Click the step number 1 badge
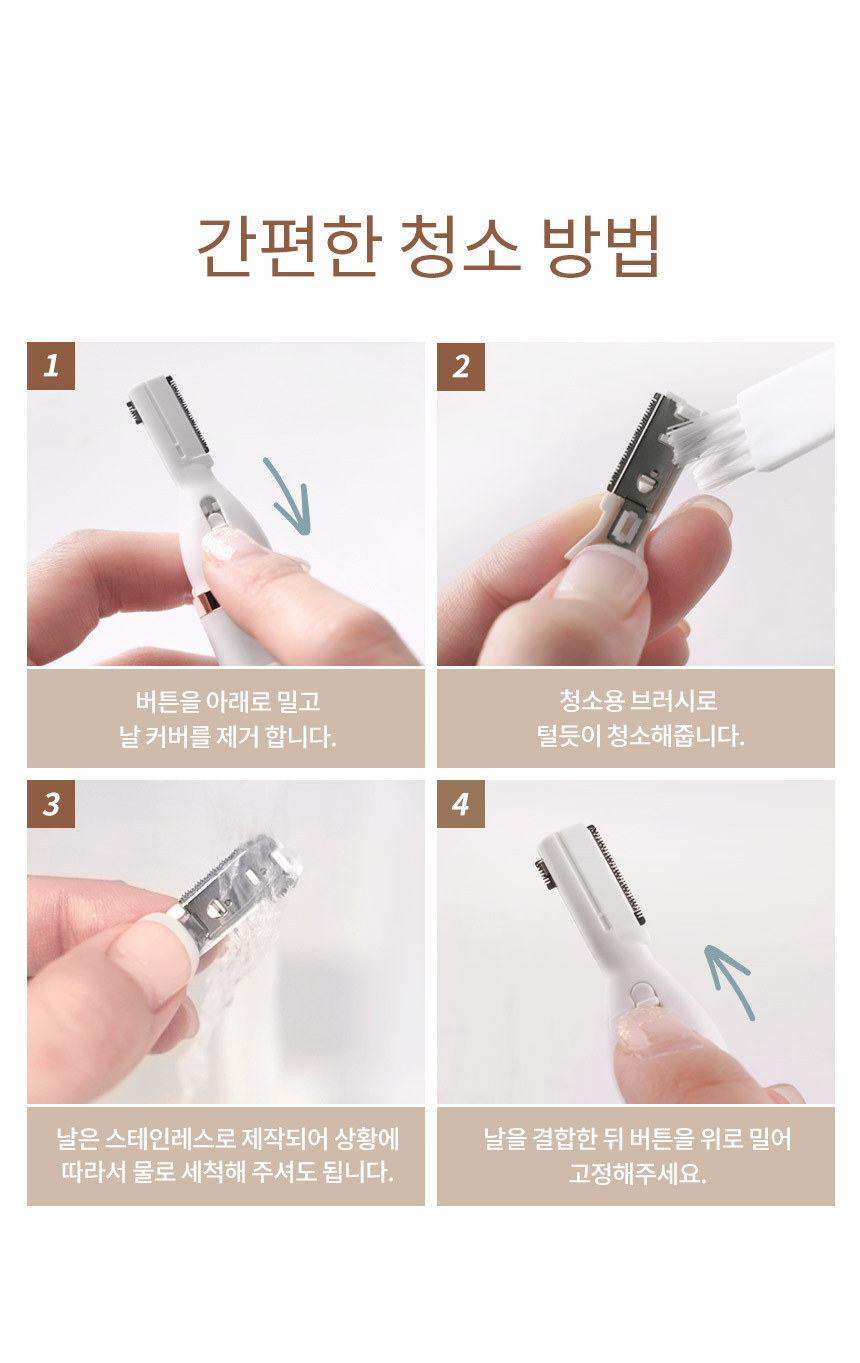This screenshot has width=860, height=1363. (51, 366)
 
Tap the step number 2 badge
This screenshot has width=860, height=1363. (461, 366)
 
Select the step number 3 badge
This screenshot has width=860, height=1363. (51, 804)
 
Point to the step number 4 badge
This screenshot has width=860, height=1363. (461, 804)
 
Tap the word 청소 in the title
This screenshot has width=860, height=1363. (460, 246)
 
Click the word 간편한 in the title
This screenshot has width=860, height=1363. (288, 246)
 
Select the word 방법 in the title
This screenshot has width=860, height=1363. (600, 246)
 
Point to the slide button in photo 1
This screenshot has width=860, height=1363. (214, 515)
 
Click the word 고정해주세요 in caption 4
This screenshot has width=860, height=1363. (637, 1173)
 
